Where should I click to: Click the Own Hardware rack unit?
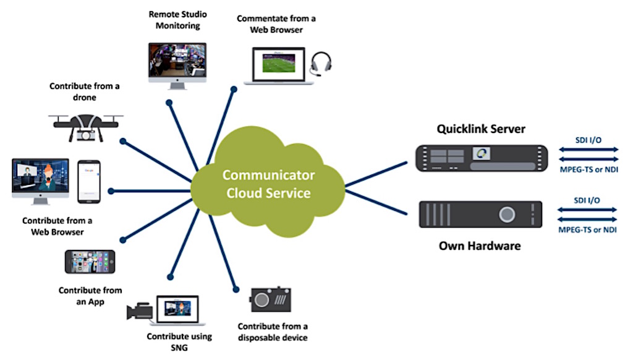point(480,215)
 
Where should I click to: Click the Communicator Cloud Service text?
point(267,184)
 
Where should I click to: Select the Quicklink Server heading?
point(481,129)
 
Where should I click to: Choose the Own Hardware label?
point(480,246)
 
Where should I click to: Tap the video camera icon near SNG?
point(139,311)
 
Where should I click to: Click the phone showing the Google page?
point(89,181)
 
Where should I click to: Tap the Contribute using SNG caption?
point(179,342)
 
